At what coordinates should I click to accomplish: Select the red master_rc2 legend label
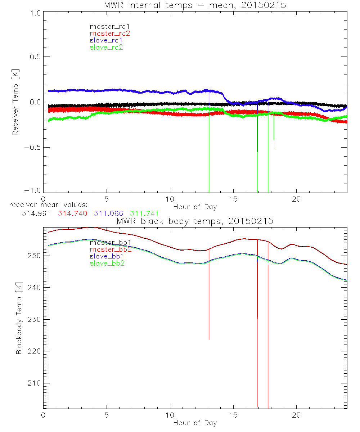[110, 33]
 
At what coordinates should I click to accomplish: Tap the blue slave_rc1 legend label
[107, 40]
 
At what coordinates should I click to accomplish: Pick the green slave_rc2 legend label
[107, 47]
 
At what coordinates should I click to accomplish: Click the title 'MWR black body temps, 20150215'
[195, 221]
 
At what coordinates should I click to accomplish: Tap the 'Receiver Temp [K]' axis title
[15, 102]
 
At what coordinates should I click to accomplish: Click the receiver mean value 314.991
[36, 213]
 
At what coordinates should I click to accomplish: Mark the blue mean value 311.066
[108, 213]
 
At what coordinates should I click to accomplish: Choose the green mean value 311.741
[144, 213]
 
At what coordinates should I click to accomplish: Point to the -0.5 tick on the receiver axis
[33, 148]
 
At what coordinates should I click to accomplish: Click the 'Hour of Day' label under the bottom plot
[195, 423]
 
